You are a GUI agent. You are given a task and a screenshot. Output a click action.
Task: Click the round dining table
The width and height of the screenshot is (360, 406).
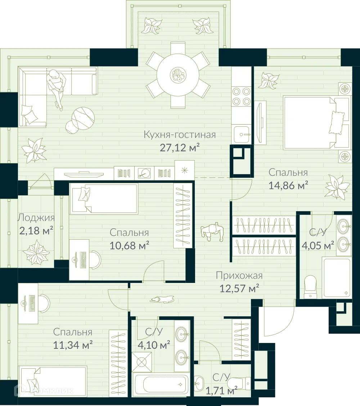pos(178,75)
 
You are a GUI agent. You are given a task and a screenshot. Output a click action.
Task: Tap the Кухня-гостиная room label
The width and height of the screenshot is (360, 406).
pos(179,135)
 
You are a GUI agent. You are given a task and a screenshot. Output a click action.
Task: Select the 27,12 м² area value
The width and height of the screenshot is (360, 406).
pos(179,147)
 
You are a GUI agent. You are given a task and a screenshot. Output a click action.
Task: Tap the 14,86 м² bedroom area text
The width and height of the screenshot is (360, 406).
pos(288,186)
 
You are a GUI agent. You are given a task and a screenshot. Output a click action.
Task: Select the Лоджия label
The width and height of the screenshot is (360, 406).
pos(36,218)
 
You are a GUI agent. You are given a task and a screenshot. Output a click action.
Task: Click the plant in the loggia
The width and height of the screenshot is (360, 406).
pos(36,252)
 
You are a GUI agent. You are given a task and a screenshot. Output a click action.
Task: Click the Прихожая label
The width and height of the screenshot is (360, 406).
pos(239,276)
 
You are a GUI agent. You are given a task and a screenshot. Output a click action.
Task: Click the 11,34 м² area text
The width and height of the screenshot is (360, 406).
pos(72,345)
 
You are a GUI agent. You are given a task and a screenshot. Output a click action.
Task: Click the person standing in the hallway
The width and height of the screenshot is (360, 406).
pos(212,232)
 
